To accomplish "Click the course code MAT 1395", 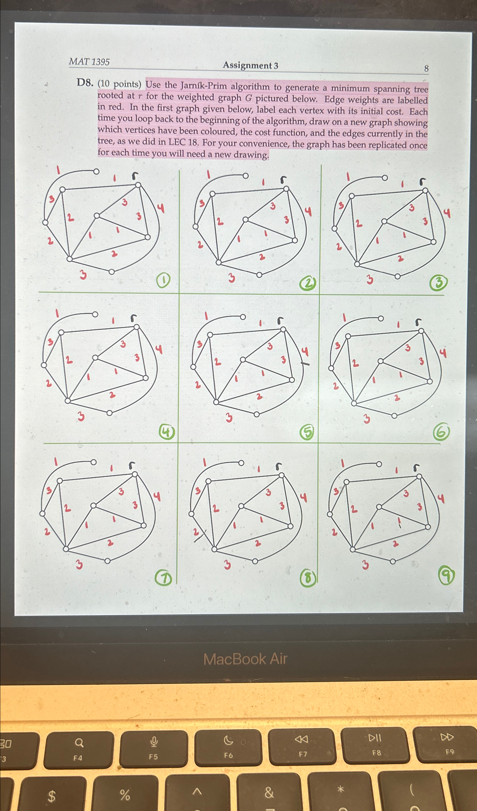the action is pos(89,62).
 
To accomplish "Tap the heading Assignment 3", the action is pos(251,65).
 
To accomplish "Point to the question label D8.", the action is pos(85,83).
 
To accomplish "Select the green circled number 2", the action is pos(308,283).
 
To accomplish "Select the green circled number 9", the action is pos(446,576).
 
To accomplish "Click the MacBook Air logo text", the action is pos(245,659).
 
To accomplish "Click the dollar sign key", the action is pos(52,796).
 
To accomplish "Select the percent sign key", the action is pos(125,794).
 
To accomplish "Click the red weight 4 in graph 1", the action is pos(160,209).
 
